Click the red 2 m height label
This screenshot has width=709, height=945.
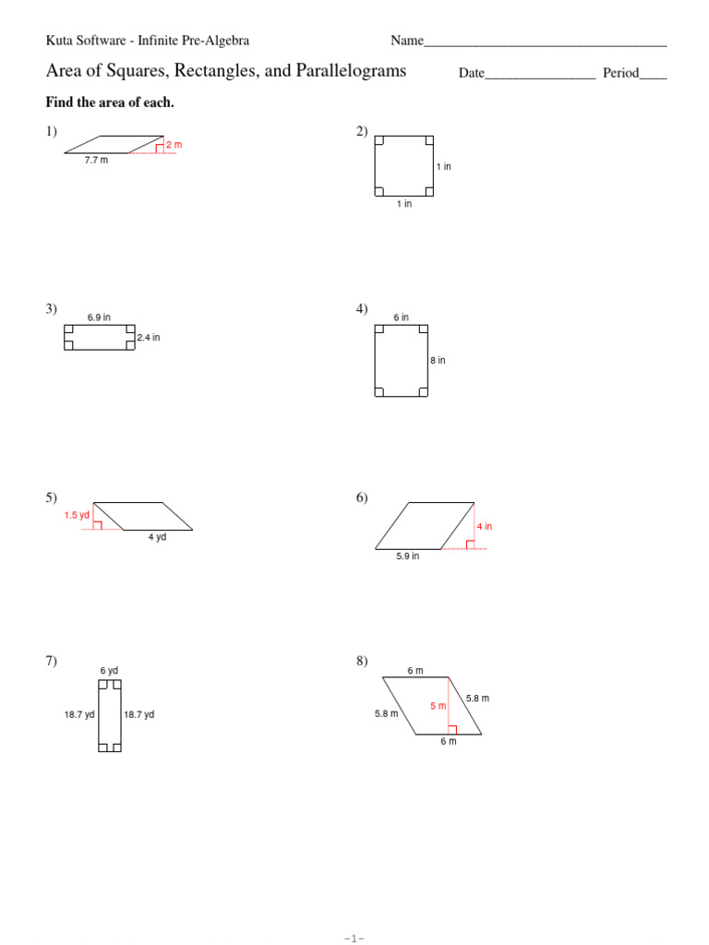point(174,145)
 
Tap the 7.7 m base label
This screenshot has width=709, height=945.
point(96,161)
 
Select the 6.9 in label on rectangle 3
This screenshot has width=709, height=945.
point(99,317)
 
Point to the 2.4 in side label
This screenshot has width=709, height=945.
point(149,338)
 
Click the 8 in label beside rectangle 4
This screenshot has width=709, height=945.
point(438,361)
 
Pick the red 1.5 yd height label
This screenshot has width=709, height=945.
point(77,516)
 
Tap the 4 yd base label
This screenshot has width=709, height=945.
point(157,537)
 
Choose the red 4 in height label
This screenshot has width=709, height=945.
point(485,527)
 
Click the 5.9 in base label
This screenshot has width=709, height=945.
point(407,556)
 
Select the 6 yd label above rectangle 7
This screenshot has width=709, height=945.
point(109,671)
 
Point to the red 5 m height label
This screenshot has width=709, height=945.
point(438,706)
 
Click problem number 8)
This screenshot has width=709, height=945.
point(362,661)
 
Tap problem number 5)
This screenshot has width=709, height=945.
point(52,498)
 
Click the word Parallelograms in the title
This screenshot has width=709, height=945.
point(349,71)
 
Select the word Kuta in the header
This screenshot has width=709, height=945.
point(60,41)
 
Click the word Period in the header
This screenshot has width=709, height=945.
point(621,73)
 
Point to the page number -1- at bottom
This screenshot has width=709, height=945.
point(354,939)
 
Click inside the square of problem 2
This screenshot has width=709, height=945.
point(404,166)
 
